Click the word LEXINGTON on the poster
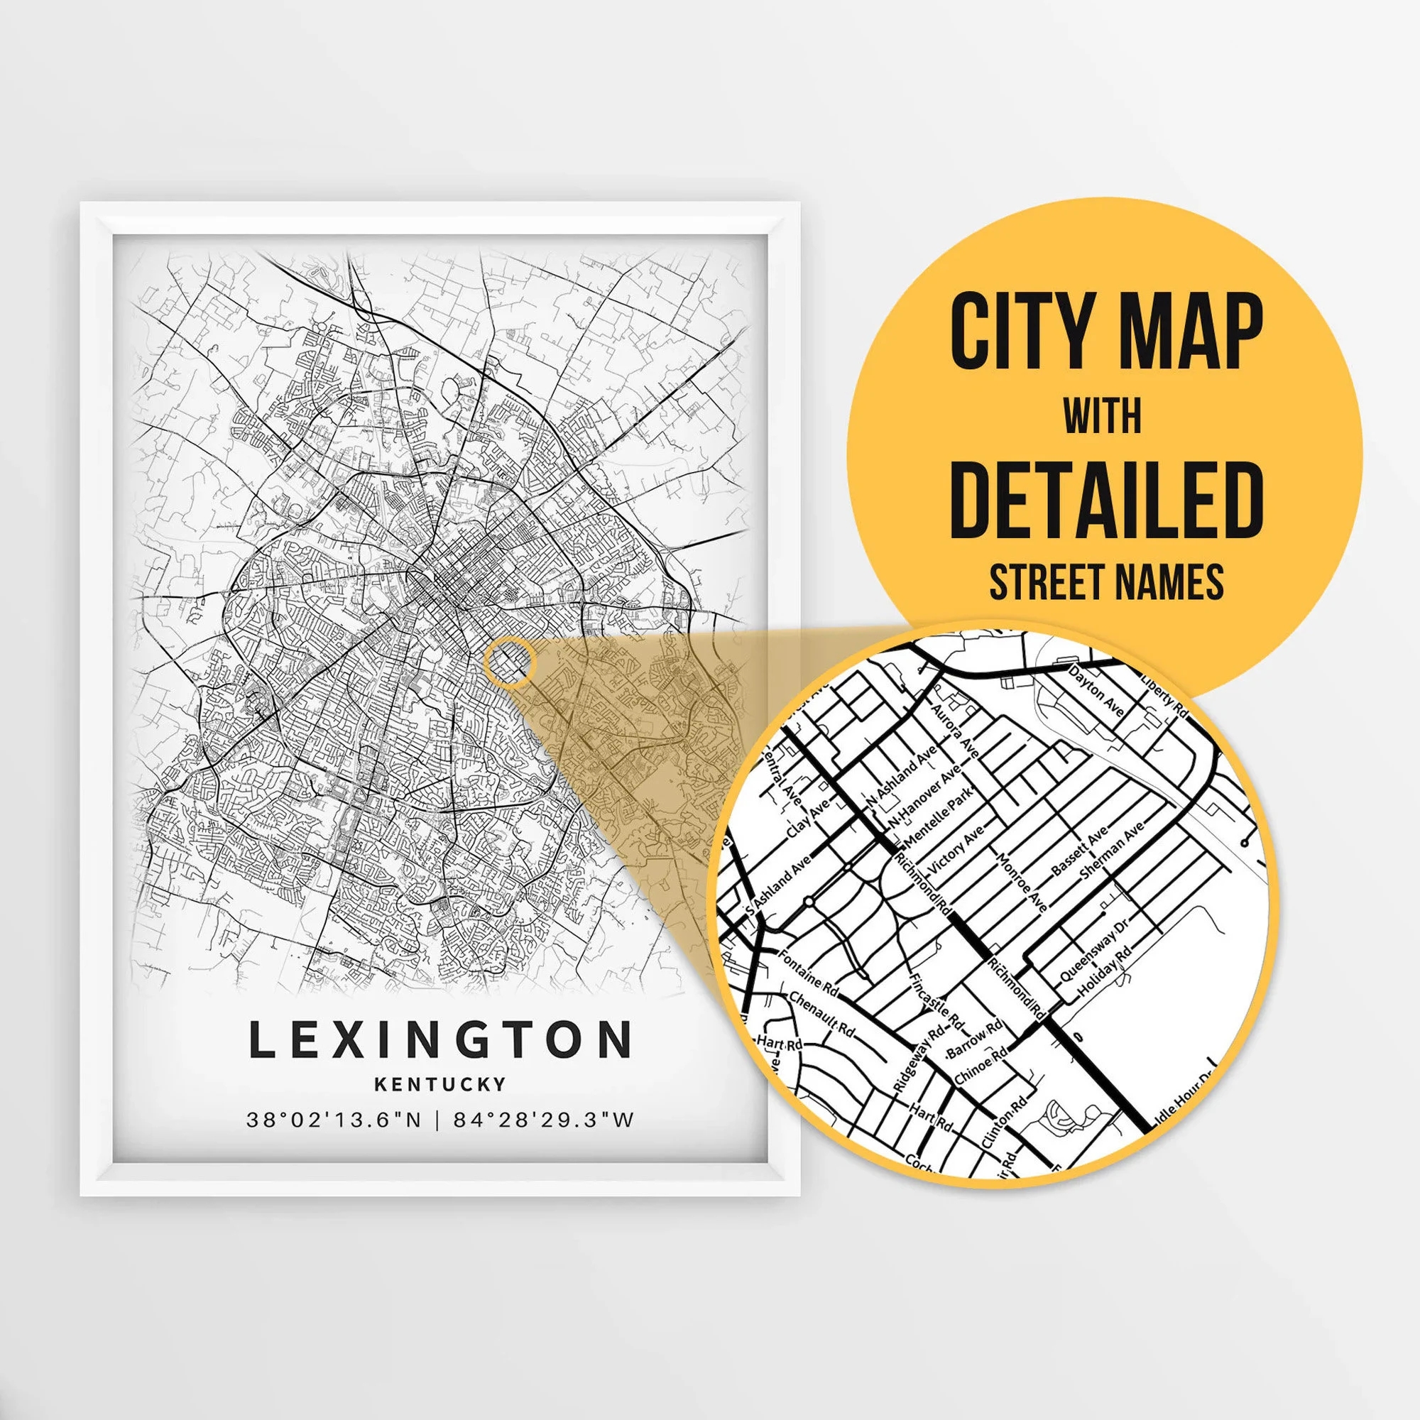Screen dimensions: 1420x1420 pos(440,1040)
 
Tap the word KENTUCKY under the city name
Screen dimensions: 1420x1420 pos(440,1084)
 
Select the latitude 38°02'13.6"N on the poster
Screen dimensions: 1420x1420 pos(334,1120)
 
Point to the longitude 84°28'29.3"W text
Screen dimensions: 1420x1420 pos(543,1120)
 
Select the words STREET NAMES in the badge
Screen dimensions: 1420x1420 pos(1106,581)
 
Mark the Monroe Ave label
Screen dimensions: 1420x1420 pos(1021,882)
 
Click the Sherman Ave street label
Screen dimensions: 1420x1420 pos(1112,851)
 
